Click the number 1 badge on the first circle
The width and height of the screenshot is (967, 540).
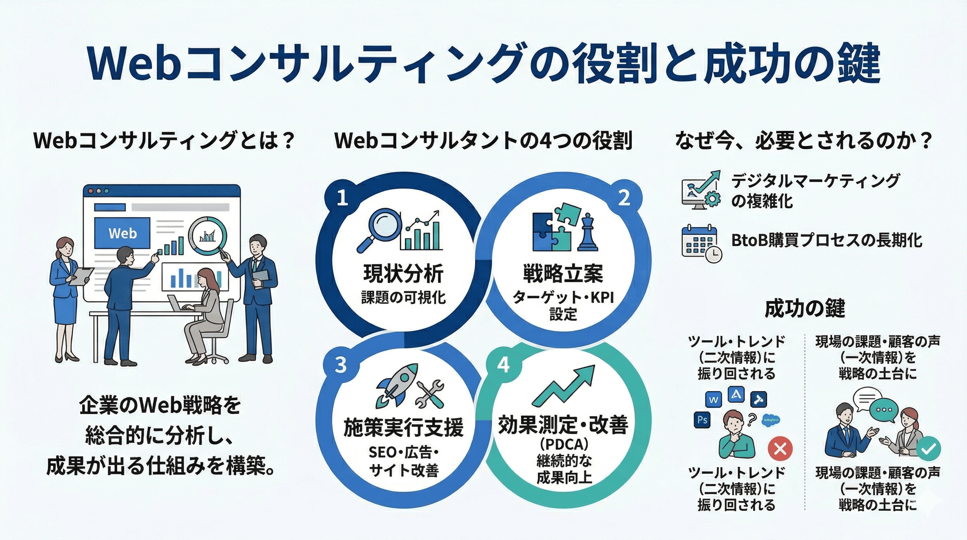point(342,198)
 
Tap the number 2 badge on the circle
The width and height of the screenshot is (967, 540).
point(624,198)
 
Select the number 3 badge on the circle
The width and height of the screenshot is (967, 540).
point(340,365)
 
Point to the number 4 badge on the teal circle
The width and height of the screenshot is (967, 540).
point(503,365)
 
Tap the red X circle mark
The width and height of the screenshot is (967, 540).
point(780,449)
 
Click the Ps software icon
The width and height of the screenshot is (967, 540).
point(702,419)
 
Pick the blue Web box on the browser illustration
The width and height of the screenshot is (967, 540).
point(122,233)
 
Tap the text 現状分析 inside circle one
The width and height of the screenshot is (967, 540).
point(403,273)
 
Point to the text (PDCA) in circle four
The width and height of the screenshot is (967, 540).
point(564,444)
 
